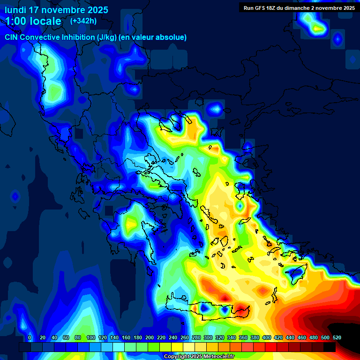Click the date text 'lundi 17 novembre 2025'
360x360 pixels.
[56, 10]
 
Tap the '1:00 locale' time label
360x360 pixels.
[33, 21]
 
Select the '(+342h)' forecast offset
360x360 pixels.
[83, 21]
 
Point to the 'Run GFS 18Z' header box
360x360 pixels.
[299, 7]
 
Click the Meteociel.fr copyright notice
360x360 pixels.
[199, 356]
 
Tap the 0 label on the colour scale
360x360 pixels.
[30, 337]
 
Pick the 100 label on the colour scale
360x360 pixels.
[90, 337]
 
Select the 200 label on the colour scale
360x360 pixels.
[150, 337]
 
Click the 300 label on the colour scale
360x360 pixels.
[208, 337]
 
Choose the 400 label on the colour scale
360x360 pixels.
[267, 337]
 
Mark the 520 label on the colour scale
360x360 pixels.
[337, 337]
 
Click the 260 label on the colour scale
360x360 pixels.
[185, 337]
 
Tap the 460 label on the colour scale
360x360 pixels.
[302, 337]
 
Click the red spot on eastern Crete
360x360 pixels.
[241, 309]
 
